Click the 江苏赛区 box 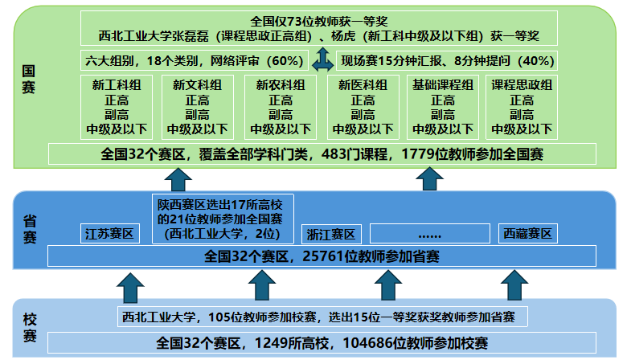(110, 234)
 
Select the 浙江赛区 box (331, 234)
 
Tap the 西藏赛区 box (527, 233)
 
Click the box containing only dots (430, 233)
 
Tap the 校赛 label (29, 327)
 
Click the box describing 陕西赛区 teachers (225, 218)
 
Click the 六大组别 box (195, 60)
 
